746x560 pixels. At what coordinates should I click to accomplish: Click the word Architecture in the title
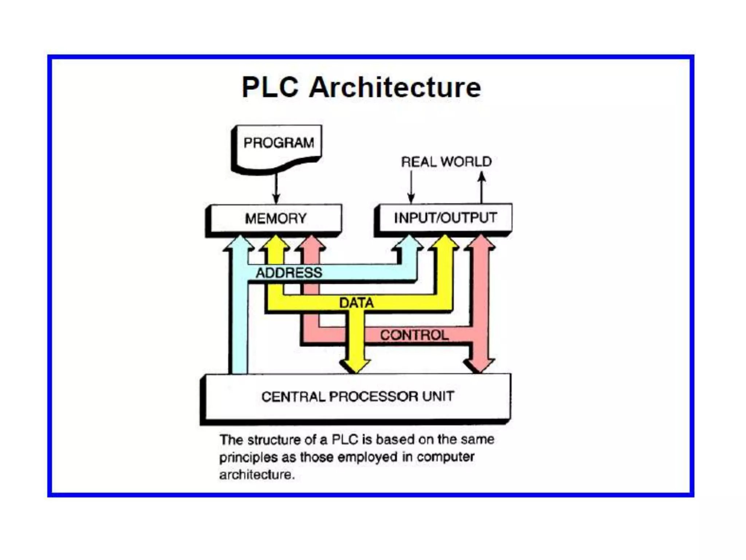[395, 87]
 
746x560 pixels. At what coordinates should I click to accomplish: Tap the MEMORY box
[276, 218]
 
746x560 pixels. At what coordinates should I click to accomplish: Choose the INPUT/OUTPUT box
[445, 218]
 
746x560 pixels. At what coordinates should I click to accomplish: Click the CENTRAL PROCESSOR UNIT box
[357, 396]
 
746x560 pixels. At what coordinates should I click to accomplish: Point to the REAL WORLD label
[446, 162]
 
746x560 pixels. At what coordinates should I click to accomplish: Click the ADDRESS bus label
[289, 273]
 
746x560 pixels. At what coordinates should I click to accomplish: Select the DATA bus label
[356, 303]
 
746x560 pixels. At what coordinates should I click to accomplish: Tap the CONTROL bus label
[414, 335]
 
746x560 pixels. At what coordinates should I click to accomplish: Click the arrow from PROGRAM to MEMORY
[276, 188]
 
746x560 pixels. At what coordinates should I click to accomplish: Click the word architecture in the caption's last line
[256, 475]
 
